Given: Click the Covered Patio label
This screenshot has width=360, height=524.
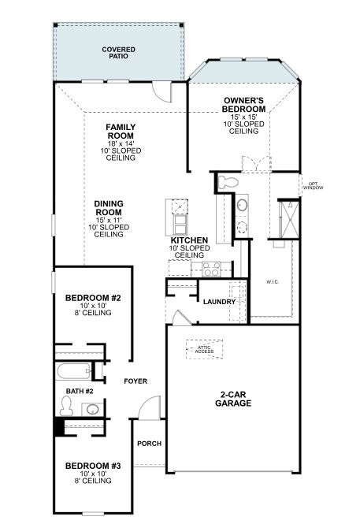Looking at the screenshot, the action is [x=118, y=53].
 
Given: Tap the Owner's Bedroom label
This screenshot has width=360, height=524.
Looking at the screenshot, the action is [x=243, y=105].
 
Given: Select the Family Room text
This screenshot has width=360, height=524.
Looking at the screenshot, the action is [x=121, y=132].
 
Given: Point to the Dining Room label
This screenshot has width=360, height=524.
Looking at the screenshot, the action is [x=109, y=208].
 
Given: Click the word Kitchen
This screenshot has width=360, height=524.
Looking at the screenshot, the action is [x=189, y=240].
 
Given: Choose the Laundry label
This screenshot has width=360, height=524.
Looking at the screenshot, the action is [x=220, y=302].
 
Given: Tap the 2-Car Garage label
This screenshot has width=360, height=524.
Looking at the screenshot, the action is [x=233, y=399].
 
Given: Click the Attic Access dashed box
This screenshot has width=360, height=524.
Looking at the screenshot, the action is [x=204, y=350].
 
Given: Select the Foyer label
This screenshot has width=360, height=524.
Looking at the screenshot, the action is [x=135, y=381].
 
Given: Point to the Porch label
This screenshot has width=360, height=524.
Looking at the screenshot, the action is [x=149, y=444].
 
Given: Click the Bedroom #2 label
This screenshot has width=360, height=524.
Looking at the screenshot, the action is [x=93, y=298].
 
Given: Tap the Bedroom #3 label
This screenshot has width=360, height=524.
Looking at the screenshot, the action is [x=93, y=466].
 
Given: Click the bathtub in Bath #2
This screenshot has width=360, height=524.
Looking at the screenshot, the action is [x=73, y=371].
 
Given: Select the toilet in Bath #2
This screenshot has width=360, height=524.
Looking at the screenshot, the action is [x=66, y=406].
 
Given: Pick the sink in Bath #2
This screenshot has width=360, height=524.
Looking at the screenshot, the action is [x=90, y=409].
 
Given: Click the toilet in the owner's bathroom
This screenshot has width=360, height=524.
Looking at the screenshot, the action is [x=228, y=183].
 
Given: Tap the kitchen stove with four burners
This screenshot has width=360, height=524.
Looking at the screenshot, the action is [x=211, y=269].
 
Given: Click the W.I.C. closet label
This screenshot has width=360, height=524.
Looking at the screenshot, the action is [x=273, y=282].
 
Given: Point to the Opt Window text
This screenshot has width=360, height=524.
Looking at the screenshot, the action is [x=314, y=186].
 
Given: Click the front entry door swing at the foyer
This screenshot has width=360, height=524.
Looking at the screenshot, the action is [x=150, y=407].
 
